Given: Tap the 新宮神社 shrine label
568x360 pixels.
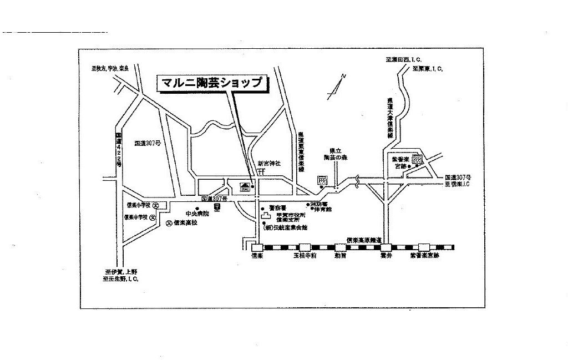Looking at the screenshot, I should (x=269, y=164).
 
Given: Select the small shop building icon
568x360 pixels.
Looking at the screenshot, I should (x=245, y=186).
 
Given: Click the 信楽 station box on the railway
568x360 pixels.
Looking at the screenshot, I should (x=257, y=248).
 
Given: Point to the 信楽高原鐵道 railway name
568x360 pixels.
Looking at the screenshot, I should (x=363, y=240).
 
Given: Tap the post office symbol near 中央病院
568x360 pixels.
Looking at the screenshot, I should (x=217, y=207).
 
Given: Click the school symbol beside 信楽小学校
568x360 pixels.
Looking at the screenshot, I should (x=156, y=205).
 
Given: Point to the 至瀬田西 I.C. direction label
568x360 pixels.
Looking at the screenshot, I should (x=404, y=59).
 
